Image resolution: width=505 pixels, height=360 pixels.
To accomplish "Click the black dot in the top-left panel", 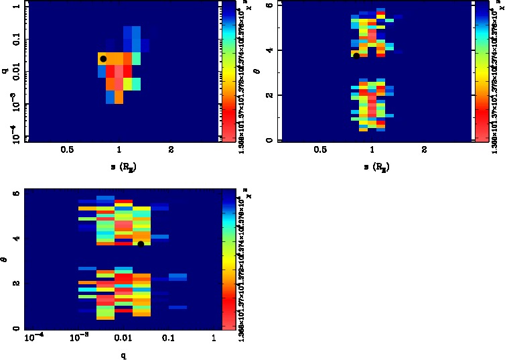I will [x=103, y=59].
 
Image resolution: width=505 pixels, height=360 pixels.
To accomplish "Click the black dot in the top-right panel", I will [x=356, y=55].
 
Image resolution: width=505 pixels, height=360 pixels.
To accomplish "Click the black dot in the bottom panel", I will [x=141, y=243].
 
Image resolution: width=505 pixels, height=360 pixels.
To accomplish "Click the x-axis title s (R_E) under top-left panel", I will [x=121, y=165].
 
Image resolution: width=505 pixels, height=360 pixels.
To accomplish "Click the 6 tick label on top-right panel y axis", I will [x=268, y=5].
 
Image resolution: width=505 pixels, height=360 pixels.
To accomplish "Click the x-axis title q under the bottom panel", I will [x=123, y=354].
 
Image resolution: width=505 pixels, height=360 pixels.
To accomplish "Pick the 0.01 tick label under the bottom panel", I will [x=122, y=339].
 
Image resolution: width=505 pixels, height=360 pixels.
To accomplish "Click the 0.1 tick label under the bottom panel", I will [x=168, y=339].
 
